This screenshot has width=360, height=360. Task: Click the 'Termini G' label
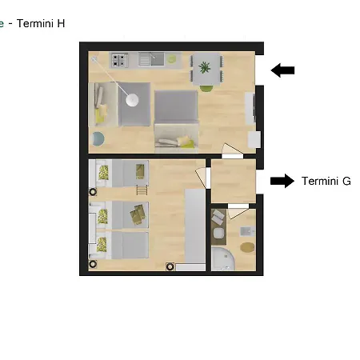326,181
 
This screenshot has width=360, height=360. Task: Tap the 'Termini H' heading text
41,23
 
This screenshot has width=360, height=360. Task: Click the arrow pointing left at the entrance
282,70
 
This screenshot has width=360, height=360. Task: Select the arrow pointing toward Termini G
282,181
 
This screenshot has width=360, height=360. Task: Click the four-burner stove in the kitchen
118,60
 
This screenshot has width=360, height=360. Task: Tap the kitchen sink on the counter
151,59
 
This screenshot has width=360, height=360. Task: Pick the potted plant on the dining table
204,67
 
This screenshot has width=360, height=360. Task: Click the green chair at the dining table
206,89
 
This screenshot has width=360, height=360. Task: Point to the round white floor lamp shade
132,100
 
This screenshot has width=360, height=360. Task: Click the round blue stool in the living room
98,138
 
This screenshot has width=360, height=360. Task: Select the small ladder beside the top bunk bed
142,190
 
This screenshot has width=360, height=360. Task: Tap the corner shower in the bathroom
223,259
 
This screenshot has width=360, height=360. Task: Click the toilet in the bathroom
219,233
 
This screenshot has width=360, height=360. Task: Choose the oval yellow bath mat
247,247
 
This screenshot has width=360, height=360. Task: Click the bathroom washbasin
248,231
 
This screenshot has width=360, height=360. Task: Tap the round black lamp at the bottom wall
170,266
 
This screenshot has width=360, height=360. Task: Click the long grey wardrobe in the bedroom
195,226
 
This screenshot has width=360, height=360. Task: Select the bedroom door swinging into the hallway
202,177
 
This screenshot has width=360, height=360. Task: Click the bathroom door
238,212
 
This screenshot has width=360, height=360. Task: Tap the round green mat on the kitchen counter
172,58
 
